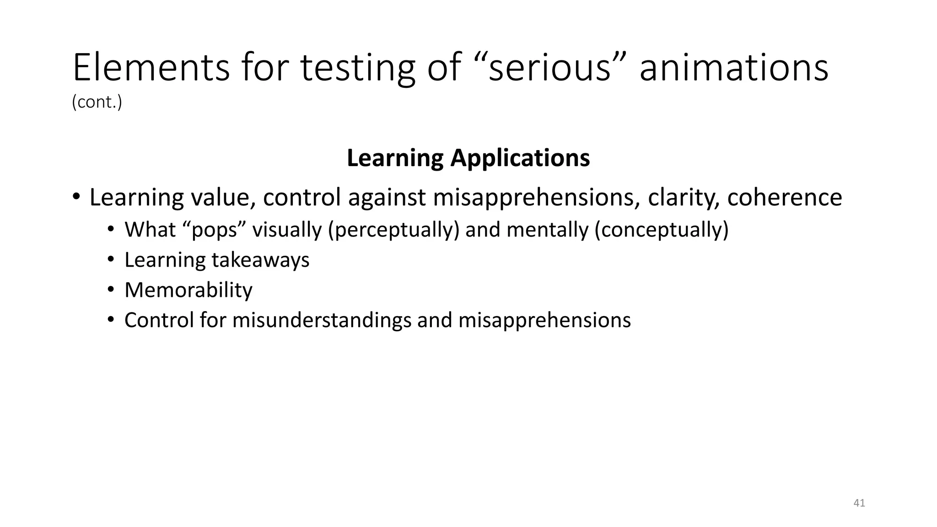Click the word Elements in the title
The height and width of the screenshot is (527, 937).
pyautogui.click(x=151, y=68)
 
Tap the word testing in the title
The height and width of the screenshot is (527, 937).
pyautogui.click(x=358, y=68)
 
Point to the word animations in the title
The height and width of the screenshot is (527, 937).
pyautogui.click(x=733, y=68)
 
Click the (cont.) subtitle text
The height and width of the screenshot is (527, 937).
pyautogui.click(x=97, y=102)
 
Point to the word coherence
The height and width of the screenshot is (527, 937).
pyautogui.click(x=784, y=198)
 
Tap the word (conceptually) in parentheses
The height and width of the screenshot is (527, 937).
pyautogui.click(x=661, y=230)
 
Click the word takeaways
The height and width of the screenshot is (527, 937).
pyautogui.click(x=260, y=260)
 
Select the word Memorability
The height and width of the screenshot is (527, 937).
pyautogui.click(x=188, y=290)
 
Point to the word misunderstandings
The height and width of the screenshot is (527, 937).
pyautogui.click(x=322, y=320)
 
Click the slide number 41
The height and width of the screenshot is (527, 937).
pyautogui.click(x=859, y=503)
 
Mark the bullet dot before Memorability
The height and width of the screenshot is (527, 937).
pyautogui.click(x=110, y=290)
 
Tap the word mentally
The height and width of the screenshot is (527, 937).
pyautogui.click(x=547, y=230)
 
